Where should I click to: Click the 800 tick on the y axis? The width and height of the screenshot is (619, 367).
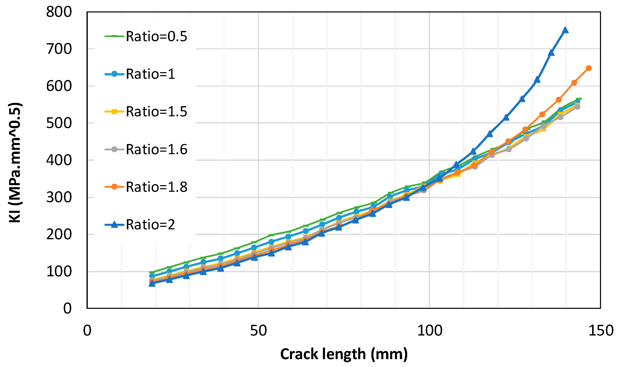pyautogui.click(x=59, y=12)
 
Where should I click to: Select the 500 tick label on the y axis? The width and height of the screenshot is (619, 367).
pyautogui.click(x=59, y=123)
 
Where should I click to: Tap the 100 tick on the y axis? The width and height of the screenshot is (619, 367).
pyautogui.click(x=59, y=272)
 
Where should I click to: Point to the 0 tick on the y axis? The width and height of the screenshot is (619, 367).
pyautogui.click(x=67, y=309)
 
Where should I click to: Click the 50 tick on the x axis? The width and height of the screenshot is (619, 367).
pyautogui.click(x=258, y=331)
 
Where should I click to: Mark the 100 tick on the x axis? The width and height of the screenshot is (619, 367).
pyautogui.click(x=429, y=331)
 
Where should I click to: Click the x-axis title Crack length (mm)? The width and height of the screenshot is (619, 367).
pyautogui.click(x=344, y=354)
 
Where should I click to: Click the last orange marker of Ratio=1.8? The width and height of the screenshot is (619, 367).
pyautogui.click(x=589, y=68)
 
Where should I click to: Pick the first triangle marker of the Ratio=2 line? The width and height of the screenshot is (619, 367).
pyautogui.click(x=152, y=283)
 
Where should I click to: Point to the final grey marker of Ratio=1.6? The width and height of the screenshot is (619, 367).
pyautogui.click(x=577, y=107)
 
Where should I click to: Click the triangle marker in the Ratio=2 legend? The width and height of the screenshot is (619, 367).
pyautogui.click(x=114, y=225)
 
